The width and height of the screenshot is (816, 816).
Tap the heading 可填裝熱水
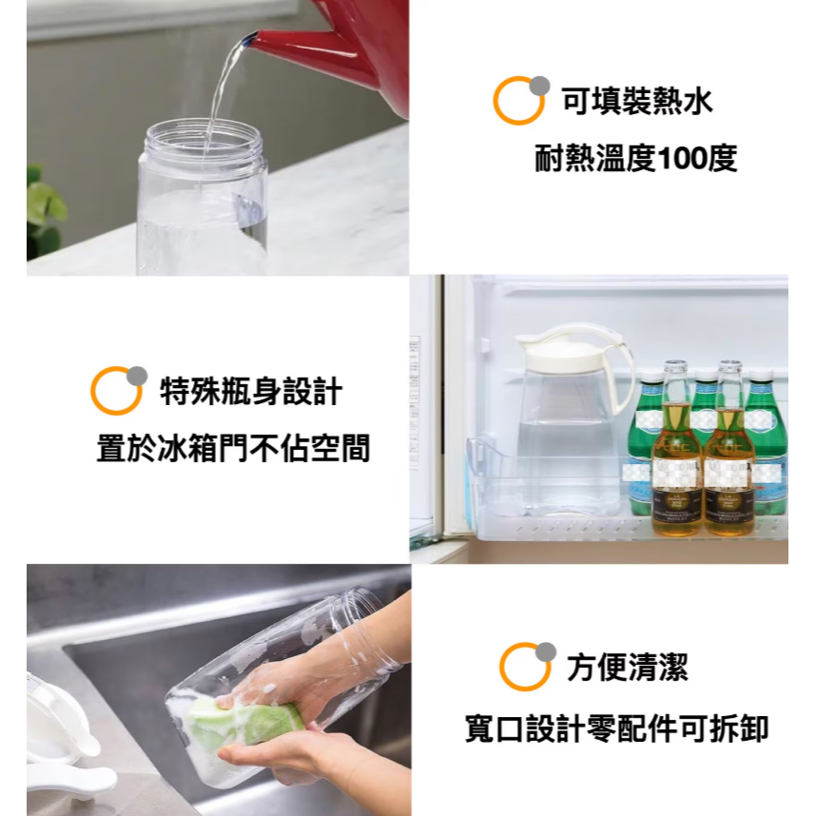pyautogui.click(x=636, y=101)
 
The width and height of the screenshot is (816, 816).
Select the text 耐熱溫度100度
pyautogui.click(x=635, y=159)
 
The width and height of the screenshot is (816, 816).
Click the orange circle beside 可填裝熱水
pyautogui.click(x=518, y=100)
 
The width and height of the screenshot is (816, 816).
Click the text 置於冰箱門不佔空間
pyautogui.click(x=233, y=448)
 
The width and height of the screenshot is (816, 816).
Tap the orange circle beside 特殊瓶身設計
pyautogui.click(x=116, y=390)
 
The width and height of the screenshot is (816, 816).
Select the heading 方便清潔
pyautogui.click(x=627, y=667)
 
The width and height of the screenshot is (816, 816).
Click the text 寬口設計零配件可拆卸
pyautogui.click(x=616, y=729)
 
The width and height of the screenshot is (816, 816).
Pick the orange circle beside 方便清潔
pyautogui.click(x=524, y=666)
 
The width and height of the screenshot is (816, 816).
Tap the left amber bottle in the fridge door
pyautogui.click(x=676, y=457)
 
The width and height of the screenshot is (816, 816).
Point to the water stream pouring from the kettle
pyautogui.click(x=224, y=86)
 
